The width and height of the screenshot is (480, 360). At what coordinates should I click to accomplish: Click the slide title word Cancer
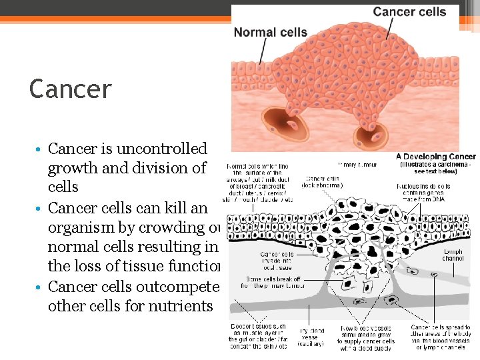(x=71, y=89)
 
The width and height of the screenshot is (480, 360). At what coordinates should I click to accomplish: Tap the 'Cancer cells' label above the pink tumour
(x=409, y=12)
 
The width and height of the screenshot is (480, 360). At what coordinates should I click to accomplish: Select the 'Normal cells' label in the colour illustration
(x=271, y=32)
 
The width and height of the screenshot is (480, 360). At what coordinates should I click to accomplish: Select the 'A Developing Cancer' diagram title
(x=436, y=157)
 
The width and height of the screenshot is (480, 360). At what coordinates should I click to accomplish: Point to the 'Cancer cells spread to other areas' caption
(x=441, y=337)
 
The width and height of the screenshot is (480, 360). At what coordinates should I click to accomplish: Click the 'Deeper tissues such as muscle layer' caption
(x=258, y=335)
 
